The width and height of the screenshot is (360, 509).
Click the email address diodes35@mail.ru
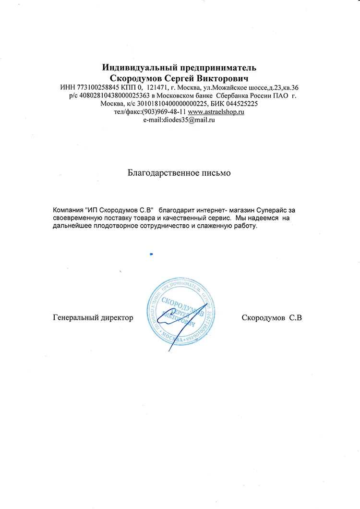point(179,120)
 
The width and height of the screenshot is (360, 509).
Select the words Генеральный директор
point(93,318)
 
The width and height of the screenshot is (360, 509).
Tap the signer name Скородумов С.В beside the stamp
point(272,318)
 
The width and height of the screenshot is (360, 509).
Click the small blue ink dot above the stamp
point(151,254)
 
